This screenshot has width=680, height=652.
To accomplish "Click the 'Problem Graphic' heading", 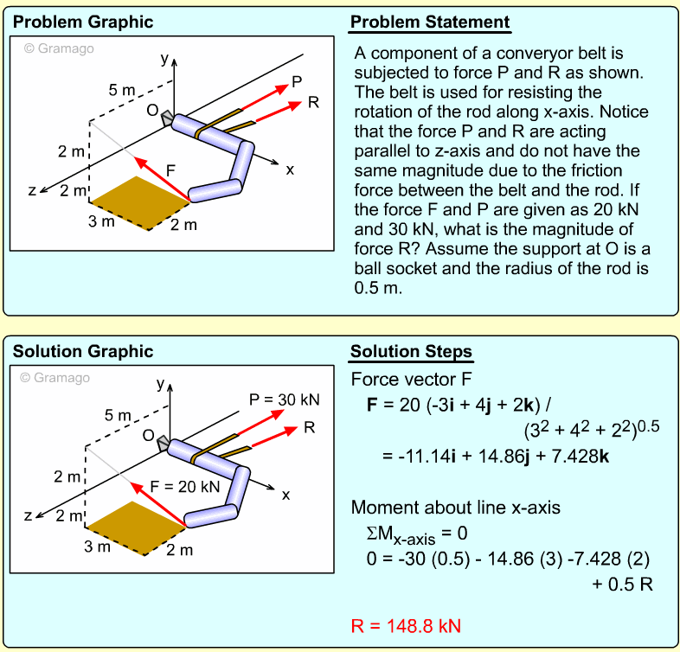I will [x=82, y=22].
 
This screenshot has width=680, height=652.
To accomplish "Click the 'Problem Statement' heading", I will [x=430, y=22].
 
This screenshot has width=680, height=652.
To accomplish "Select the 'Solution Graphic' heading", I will [x=82, y=351].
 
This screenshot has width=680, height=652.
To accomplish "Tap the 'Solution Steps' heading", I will [x=411, y=351].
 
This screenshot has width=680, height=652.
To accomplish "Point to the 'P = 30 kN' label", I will [x=284, y=400].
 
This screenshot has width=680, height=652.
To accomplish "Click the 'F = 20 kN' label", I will [x=185, y=486].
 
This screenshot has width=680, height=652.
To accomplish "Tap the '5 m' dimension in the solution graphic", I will [x=118, y=415].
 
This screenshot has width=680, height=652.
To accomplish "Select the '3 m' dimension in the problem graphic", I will [x=101, y=221].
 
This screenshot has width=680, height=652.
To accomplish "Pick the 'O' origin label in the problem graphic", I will [x=151, y=111].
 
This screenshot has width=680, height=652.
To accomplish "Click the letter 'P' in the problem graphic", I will [x=297, y=81].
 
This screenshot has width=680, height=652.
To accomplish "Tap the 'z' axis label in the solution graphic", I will [x=28, y=515].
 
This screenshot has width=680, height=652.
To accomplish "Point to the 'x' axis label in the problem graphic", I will [x=290, y=169].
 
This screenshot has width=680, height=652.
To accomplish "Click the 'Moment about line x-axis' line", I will [x=455, y=507].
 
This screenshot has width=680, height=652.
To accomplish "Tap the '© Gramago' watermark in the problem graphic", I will [x=59, y=48].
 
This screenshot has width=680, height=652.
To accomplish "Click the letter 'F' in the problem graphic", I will [x=170, y=170].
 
